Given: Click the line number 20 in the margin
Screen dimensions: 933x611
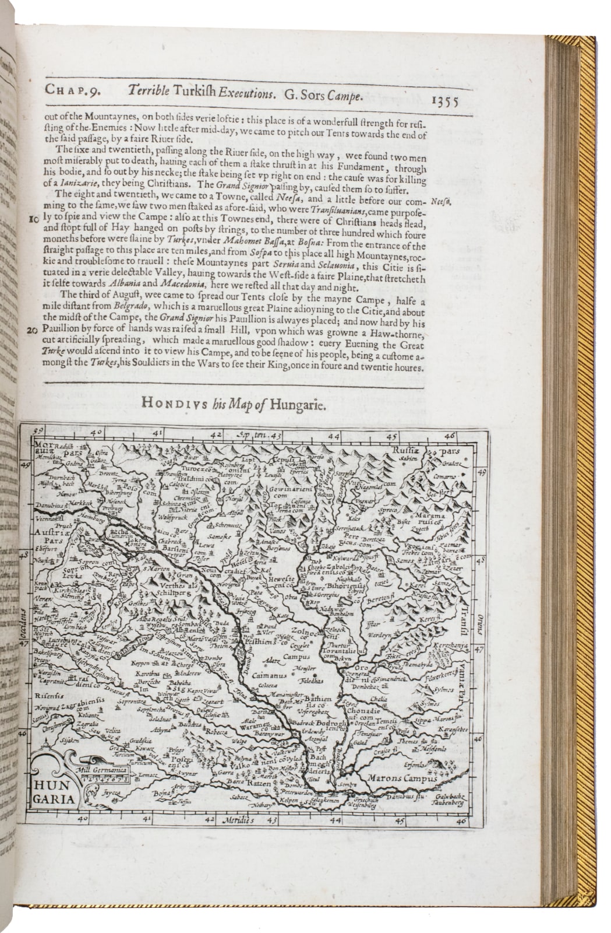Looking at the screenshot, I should [33, 330].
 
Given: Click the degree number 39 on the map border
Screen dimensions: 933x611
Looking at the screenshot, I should [38, 432].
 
